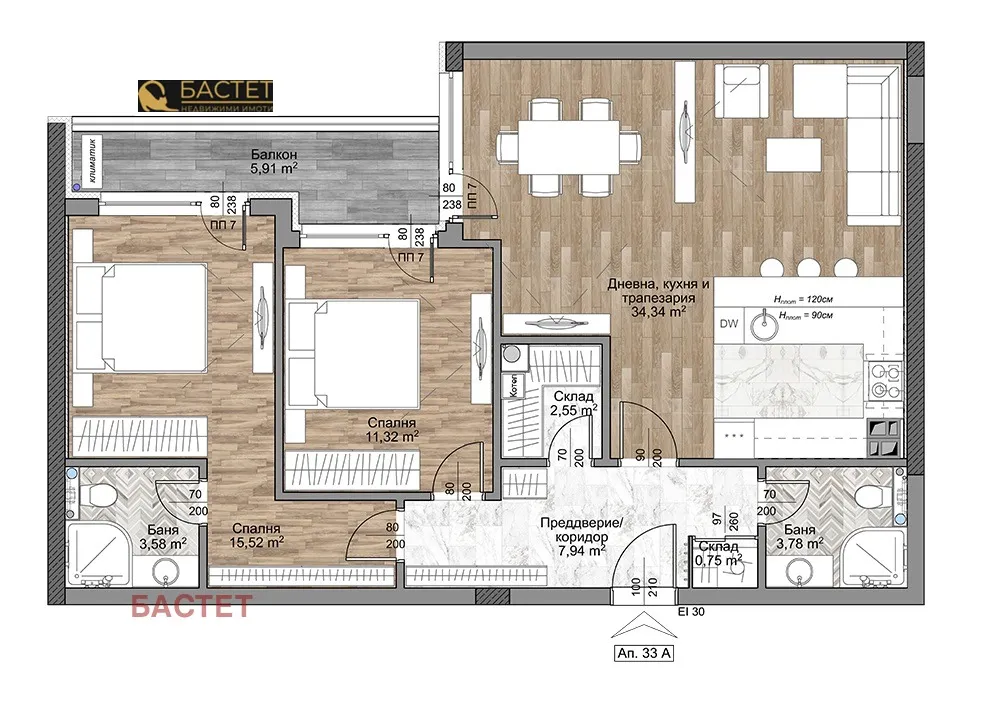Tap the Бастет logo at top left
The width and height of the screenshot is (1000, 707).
[204, 95]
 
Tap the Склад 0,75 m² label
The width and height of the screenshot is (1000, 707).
[718, 553]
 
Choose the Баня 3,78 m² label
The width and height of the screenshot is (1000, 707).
[804, 537]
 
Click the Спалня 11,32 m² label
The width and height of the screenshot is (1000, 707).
[391, 429]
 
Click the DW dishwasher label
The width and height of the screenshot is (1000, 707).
[729, 323]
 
